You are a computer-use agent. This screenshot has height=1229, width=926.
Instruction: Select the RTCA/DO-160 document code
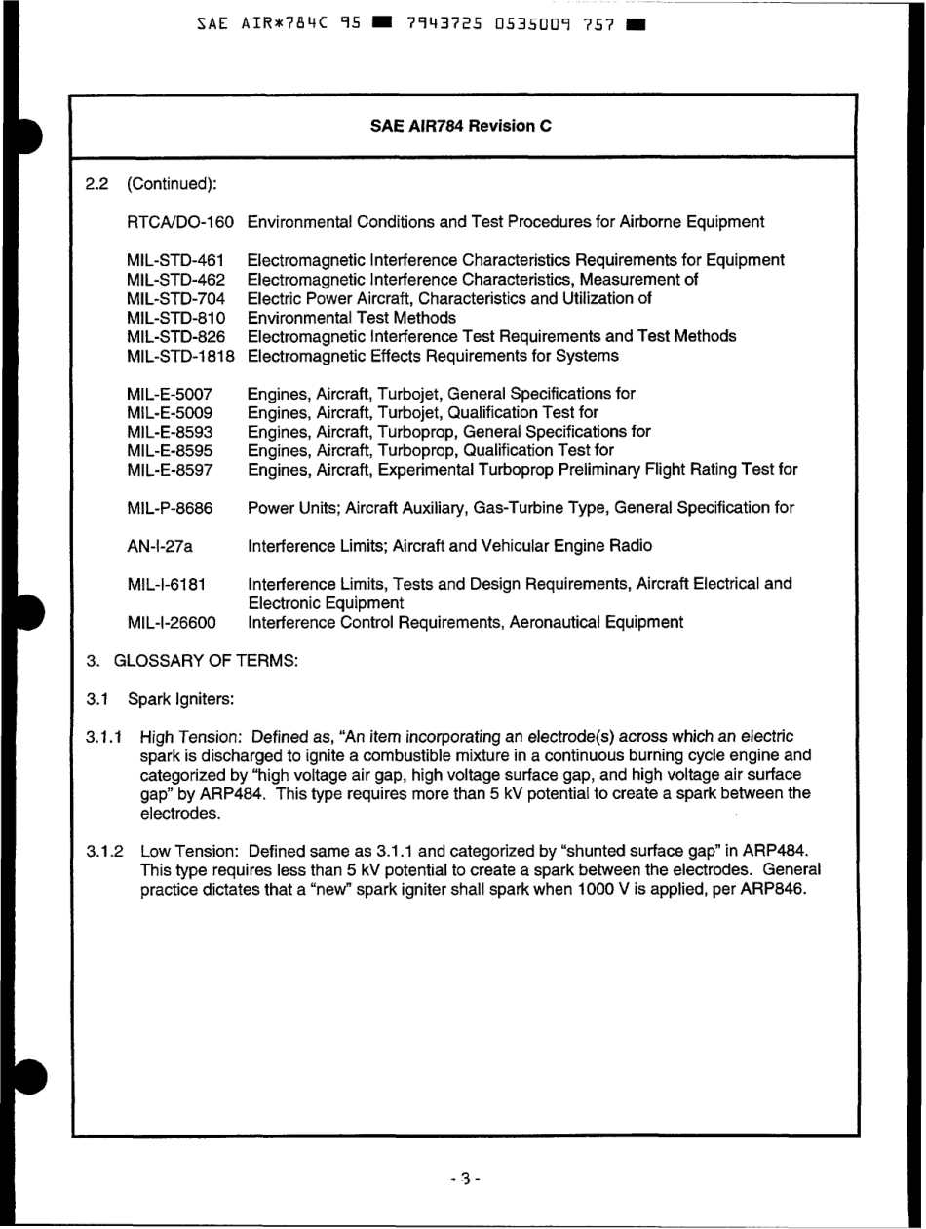[181, 223]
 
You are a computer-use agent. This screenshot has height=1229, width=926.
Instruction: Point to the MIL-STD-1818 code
[181, 357]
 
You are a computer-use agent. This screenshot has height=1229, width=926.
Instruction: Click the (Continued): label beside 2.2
[160, 184]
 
